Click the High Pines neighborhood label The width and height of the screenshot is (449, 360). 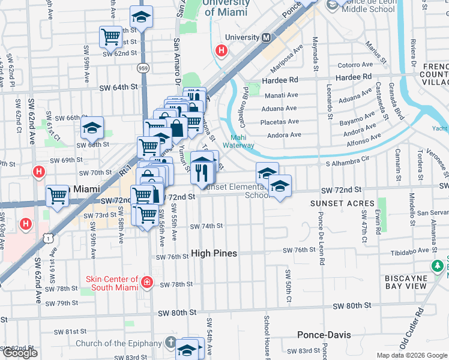coord(214,254)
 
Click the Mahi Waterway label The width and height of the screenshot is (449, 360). coord(238,141)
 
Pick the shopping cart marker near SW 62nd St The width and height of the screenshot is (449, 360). coord(110,36)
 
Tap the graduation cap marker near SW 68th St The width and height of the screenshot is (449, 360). coord(92,127)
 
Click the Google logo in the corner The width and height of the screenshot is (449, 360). coord(20,353)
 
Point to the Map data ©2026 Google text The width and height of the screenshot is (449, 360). coord(411,355)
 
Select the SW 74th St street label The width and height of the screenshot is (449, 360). coord(206,226)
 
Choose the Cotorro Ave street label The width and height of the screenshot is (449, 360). coord(356,65)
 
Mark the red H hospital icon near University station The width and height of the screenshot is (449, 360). coord(221,51)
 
